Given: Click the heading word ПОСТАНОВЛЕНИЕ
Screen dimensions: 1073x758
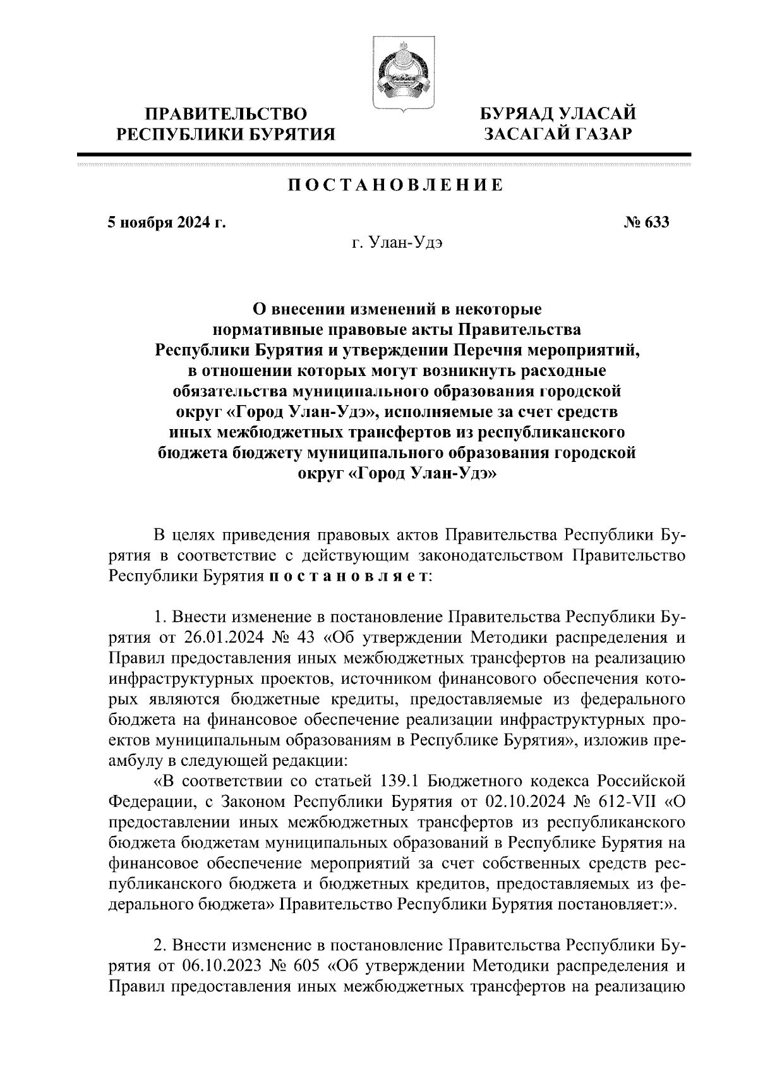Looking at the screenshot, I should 396,185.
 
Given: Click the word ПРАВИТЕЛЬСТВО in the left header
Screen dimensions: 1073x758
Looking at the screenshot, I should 226,114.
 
